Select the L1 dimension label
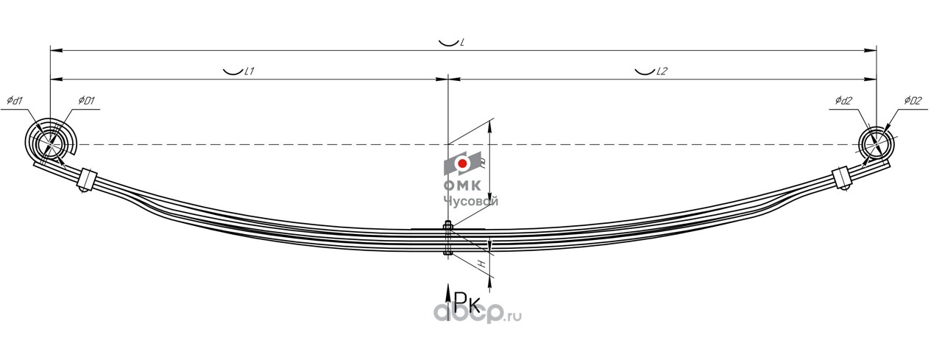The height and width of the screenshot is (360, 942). point(249,71)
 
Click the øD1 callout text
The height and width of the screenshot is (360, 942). point(86,100)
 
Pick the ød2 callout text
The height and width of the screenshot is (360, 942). point(843,100)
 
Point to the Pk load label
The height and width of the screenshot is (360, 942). point(466,302)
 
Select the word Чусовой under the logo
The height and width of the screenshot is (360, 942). point(471,200)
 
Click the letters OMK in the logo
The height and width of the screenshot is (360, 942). point(461,186)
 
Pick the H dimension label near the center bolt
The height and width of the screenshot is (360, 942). point(481,263)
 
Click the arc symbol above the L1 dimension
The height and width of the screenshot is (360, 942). point(233,71)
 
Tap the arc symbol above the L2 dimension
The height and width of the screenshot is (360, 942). point(645,71)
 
